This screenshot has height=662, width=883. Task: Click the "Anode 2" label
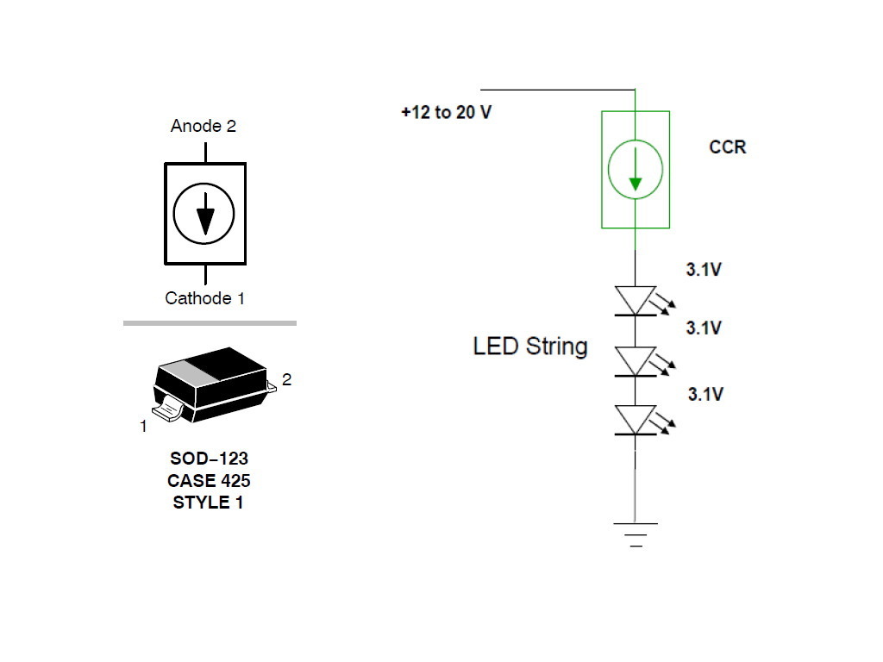coord(204,126)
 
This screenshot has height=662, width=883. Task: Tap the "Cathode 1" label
coord(205,298)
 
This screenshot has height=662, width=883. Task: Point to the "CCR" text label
coord(727,147)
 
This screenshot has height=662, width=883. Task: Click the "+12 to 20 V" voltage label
coord(446,113)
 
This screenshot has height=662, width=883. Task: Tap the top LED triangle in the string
coord(636,300)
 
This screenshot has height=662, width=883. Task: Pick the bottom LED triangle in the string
coord(636,420)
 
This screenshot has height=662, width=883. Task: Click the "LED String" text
coord(530,347)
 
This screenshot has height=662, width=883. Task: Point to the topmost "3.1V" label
coord(704,270)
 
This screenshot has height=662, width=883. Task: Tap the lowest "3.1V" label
coord(705,395)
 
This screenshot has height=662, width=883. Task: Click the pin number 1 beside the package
coord(143,426)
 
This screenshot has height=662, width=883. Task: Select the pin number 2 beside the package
coord(287,379)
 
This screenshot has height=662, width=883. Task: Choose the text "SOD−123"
coord(209,459)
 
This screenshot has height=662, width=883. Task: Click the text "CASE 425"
coord(209,481)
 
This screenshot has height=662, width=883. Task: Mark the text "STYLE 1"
coord(209,503)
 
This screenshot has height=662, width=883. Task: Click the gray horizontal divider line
coord(210,323)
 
